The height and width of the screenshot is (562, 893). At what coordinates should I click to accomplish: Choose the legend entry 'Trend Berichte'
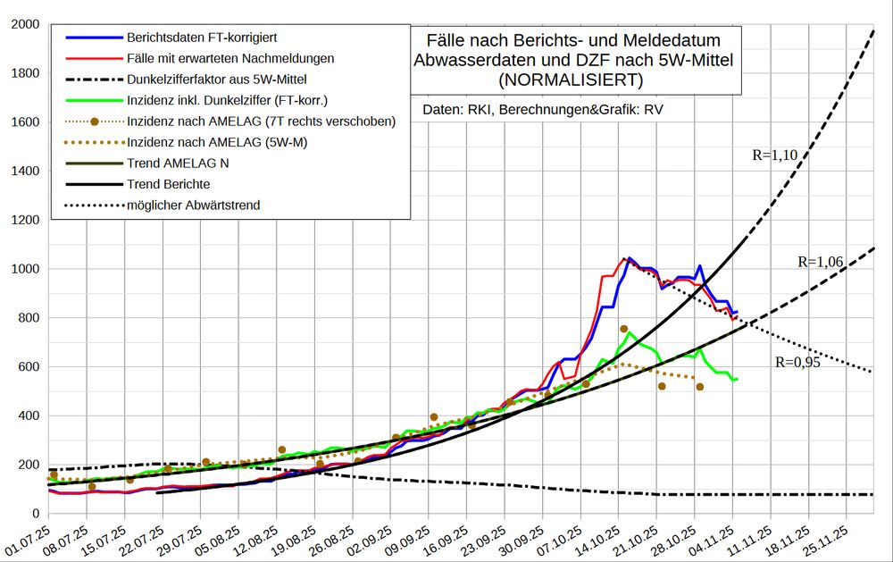pos(168,184)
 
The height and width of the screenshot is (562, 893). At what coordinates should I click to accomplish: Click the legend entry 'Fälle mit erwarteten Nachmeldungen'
pos(230,58)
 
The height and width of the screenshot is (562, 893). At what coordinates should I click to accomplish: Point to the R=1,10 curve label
pos(774,155)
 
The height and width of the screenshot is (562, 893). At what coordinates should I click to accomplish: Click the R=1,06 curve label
pos(820,262)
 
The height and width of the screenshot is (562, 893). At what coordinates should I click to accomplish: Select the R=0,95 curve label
pos(797,363)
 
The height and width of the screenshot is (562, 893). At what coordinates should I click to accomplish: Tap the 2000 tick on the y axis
pos(23,24)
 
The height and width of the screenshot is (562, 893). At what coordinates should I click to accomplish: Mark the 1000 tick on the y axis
pos(23,269)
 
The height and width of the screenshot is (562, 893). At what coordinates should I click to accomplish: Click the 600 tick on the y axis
pos(27,367)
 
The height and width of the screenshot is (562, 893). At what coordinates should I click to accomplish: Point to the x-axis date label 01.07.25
pos(27,540)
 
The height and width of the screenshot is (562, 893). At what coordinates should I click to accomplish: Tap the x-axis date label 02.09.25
pos(371,540)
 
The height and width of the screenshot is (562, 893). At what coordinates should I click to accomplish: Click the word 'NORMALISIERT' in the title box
pos(572,80)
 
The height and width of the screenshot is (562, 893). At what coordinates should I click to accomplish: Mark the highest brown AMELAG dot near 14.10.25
pos(624,329)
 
